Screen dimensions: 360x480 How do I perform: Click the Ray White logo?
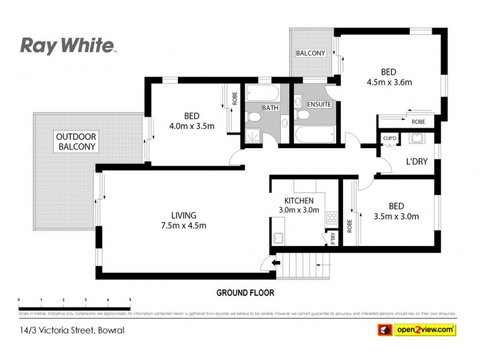point(67,46)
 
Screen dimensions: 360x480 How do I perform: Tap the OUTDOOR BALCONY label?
point(76,141)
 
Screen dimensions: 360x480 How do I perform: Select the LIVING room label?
point(184,216)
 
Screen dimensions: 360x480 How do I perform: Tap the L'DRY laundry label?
point(416,162)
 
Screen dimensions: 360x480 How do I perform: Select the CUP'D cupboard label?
point(390,139)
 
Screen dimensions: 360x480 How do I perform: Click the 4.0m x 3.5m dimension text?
point(191,126)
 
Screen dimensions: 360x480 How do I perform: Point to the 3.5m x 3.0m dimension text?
point(396,217)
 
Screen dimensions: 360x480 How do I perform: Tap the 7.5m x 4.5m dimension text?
point(184,226)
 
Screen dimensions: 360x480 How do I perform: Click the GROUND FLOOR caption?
point(245,293)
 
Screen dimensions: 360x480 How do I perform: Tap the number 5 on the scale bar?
point(130,299)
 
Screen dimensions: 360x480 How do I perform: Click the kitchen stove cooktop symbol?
point(329,217)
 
